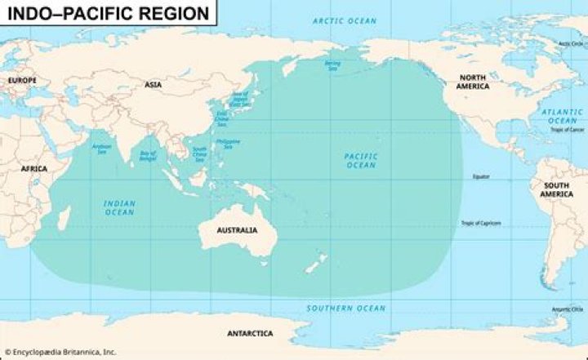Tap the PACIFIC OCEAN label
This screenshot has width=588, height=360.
point(359,160)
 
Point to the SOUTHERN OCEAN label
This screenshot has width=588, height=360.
point(345,308)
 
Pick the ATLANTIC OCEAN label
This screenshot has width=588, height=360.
point(562,116)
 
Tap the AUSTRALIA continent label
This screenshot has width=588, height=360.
point(237,230)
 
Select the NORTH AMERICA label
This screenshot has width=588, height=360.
point(473,82)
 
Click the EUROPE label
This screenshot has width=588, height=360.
point(22,80)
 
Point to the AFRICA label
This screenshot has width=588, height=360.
point(34,167)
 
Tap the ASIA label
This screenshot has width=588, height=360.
point(153,84)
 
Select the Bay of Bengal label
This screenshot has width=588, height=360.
point(148,155)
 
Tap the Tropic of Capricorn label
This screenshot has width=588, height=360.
point(481,223)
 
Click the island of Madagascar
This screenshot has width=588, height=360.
point(63,216)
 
